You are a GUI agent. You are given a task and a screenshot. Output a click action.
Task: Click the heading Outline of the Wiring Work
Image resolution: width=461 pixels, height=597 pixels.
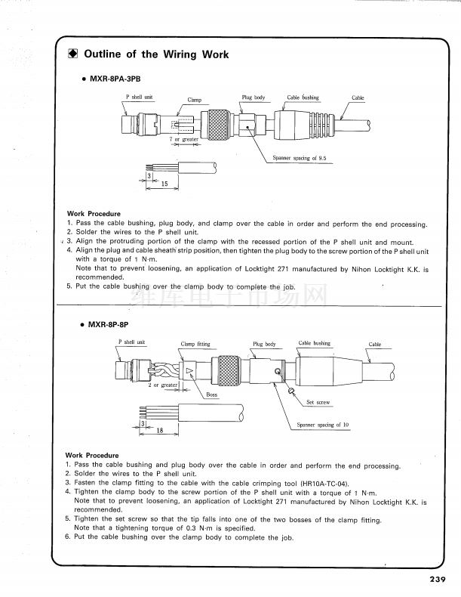156,54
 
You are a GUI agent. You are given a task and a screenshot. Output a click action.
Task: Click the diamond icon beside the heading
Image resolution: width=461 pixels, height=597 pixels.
72,54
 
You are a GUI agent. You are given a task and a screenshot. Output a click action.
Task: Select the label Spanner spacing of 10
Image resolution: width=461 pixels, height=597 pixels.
323,425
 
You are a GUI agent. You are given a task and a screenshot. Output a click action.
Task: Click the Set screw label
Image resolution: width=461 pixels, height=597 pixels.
318,403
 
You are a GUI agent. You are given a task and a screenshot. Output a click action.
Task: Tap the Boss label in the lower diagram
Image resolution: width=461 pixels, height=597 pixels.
212,394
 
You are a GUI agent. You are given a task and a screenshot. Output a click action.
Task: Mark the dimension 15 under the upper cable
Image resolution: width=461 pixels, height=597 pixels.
164,184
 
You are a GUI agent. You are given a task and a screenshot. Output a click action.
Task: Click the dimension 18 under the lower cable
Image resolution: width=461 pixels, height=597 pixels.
161,430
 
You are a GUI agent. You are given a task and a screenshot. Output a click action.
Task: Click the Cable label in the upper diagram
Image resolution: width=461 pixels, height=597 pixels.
358,98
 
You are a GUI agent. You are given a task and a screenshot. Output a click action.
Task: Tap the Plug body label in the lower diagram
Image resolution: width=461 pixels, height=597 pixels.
264,344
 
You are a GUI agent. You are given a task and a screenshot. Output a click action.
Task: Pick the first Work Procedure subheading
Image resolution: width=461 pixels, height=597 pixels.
94,214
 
